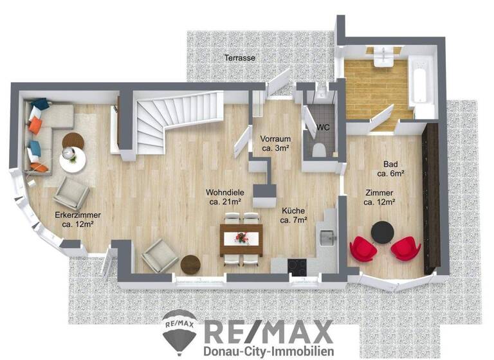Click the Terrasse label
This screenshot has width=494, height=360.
[240, 58]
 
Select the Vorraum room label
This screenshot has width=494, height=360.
[276, 139]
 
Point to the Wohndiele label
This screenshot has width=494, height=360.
[223, 192]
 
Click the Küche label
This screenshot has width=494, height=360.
[293, 210]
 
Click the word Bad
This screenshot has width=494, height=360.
[390, 163]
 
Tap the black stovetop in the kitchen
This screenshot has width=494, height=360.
[298, 264]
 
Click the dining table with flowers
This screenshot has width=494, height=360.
[242, 239]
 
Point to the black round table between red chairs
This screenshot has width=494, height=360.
[385, 232]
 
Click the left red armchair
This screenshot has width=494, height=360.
[363, 249]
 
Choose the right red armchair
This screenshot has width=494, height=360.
[406, 248]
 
